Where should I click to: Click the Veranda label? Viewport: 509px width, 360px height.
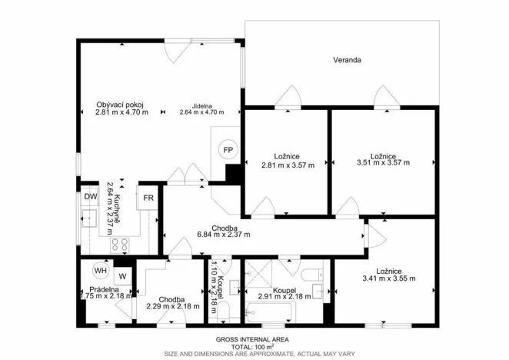pyautogui.click(x=347, y=59)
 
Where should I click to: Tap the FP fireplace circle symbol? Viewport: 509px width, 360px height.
pyautogui.click(x=228, y=149)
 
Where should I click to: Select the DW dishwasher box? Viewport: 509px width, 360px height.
pyautogui.click(x=90, y=196)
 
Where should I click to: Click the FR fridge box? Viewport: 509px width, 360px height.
pyautogui.click(x=148, y=197)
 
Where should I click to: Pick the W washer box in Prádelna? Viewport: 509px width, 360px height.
pyautogui.click(x=122, y=275)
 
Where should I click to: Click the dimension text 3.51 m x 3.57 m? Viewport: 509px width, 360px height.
pyautogui.click(x=383, y=162)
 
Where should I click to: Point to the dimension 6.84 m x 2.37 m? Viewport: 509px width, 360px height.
pyautogui.click(x=223, y=234)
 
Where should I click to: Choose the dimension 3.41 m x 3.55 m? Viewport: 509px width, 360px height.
pyautogui.click(x=388, y=278)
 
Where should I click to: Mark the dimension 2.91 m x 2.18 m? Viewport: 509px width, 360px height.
pyautogui.click(x=284, y=296)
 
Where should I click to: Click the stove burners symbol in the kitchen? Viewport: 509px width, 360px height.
pyautogui.click(x=120, y=245)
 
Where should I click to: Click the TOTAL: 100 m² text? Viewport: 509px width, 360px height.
pyautogui.click(x=254, y=345)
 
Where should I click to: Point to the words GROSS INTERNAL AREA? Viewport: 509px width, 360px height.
pyautogui.click(x=254, y=338)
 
